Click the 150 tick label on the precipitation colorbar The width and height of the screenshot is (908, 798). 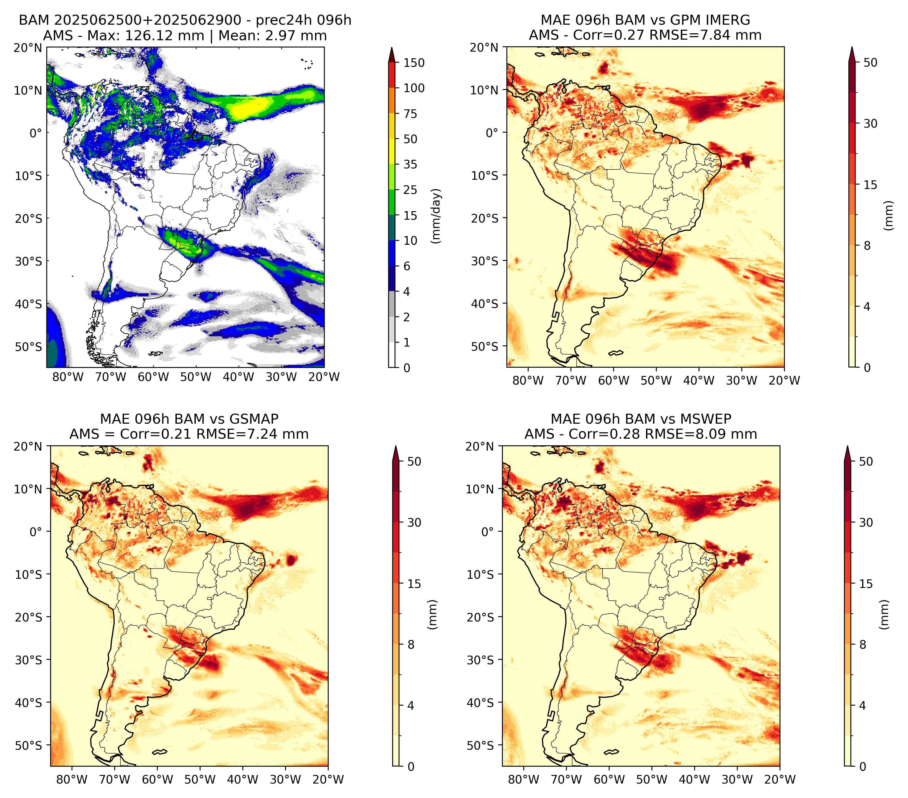[x=414, y=63]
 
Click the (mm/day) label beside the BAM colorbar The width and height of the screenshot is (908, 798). [x=437, y=216]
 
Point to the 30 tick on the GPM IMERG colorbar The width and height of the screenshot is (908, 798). [x=871, y=123]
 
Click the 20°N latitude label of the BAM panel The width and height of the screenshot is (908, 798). [x=27, y=47]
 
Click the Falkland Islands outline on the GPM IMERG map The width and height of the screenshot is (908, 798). [x=616, y=353]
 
